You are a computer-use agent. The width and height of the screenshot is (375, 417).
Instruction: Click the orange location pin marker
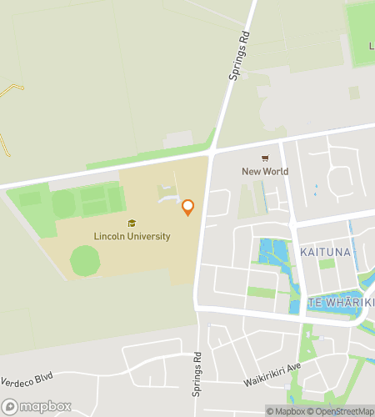(188, 208)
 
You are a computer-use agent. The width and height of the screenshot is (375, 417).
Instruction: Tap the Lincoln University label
(132, 237)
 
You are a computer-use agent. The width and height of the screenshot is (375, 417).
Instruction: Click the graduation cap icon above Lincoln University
(132, 224)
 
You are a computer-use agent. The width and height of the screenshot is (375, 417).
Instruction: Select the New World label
(265, 172)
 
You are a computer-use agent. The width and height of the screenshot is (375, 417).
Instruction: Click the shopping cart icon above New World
(265, 158)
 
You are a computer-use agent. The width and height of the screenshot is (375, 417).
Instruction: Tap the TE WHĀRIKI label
(342, 302)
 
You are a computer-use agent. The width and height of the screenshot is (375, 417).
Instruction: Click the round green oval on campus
(85, 260)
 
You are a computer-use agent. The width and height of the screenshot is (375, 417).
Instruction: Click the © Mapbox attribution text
(287, 410)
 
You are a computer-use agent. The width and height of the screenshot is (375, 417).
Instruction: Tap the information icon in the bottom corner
(271, 410)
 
